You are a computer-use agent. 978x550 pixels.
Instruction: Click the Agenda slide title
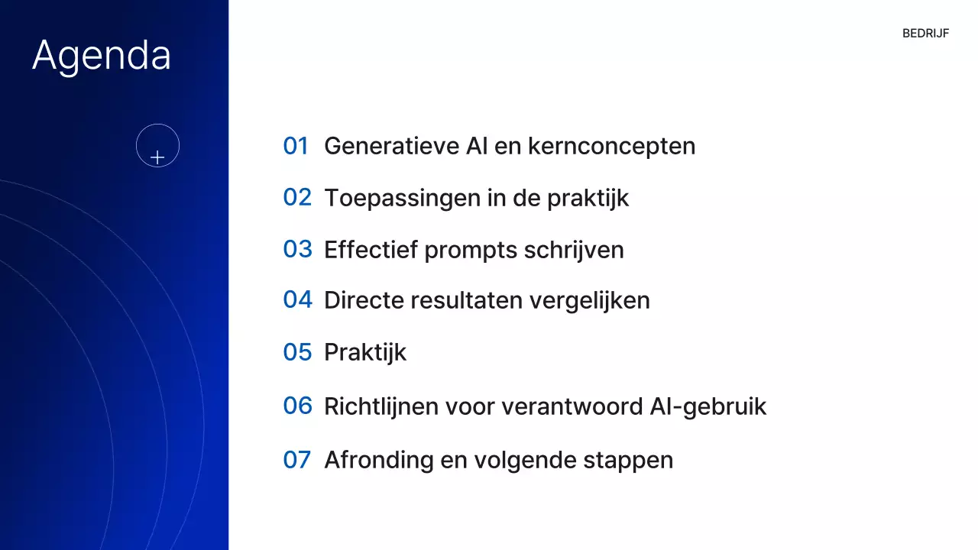[102, 56]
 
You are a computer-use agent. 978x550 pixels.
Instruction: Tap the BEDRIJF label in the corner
[925, 34]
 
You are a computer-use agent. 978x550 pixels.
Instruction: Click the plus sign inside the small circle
[157, 157]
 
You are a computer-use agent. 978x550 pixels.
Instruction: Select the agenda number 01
[296, 146]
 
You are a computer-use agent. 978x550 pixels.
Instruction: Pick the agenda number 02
[297, 198]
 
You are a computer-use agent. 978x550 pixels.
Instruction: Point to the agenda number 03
[297, 249]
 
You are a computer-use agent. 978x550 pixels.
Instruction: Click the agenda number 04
[297, 300]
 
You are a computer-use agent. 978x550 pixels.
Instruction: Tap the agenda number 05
[297, 352]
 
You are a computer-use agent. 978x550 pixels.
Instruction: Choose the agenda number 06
[297, 406]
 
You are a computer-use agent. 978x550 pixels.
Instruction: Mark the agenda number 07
[296, 460]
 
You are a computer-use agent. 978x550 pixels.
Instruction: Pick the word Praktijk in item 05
[365, 353]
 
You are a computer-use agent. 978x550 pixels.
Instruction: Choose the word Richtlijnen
[380, 406]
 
